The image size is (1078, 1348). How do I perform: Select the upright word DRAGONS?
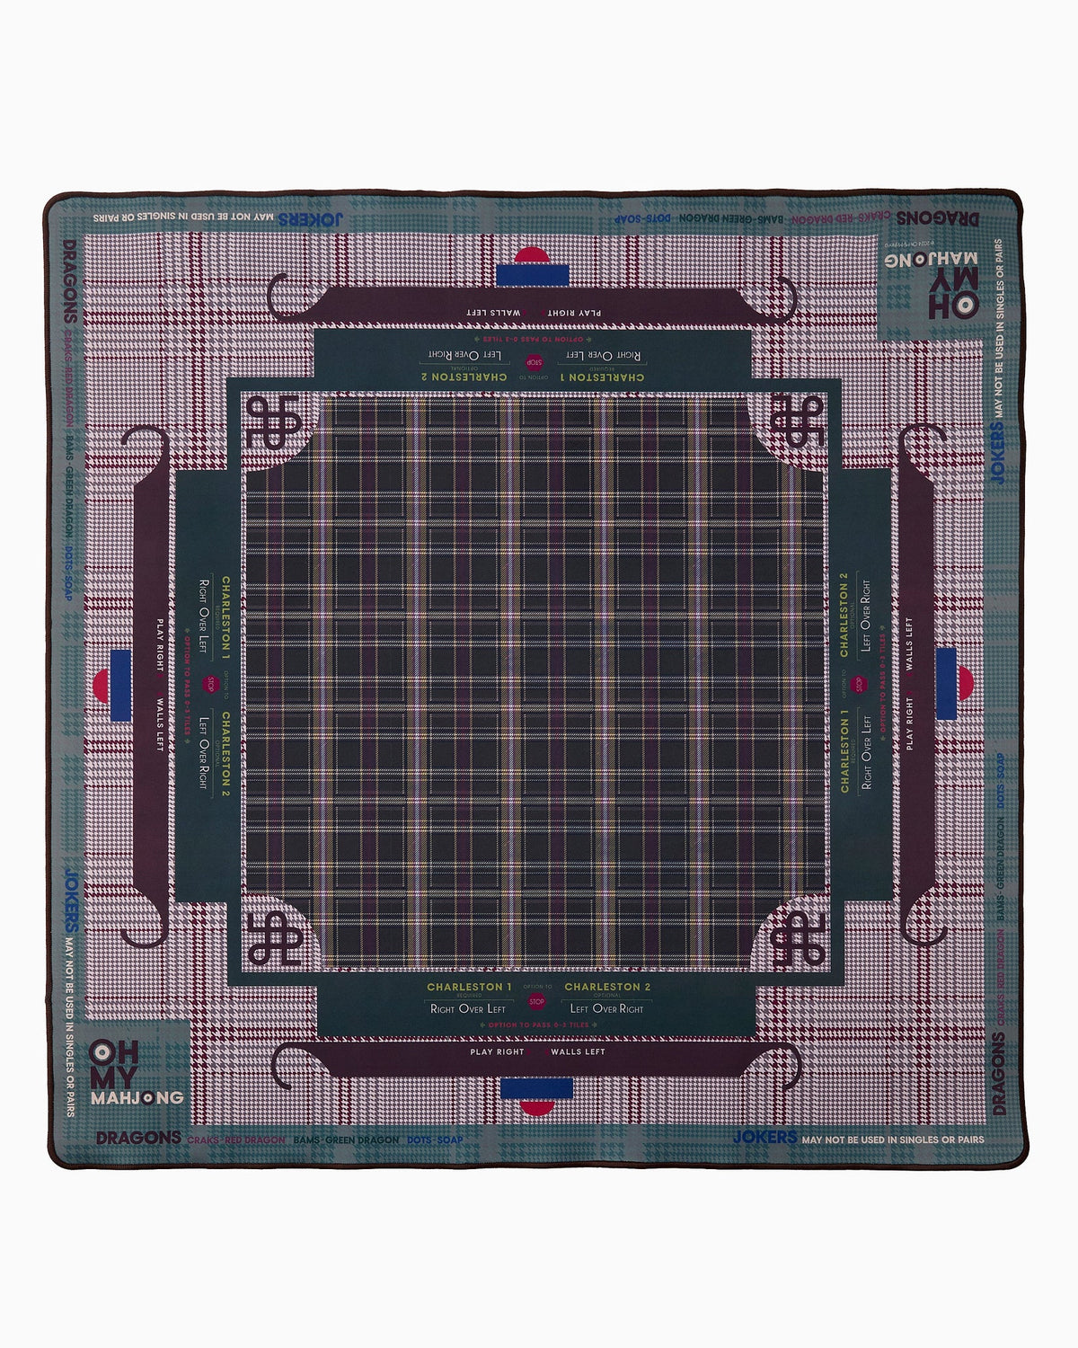[138, 1138]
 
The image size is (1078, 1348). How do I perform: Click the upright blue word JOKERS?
[764, 1138]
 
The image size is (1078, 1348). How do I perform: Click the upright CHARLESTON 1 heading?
[469, 987]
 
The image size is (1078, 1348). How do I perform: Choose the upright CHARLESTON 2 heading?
[606, 987]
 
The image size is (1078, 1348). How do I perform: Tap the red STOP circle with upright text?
[537, 1001]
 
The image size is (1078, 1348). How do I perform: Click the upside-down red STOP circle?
[535, 362]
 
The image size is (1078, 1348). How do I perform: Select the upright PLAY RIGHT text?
[497, 1051]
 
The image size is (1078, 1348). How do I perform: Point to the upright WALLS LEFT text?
[578, 1051]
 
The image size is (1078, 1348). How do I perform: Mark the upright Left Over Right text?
[606, 1008]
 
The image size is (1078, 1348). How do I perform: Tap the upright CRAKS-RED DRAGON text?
[235, 1140]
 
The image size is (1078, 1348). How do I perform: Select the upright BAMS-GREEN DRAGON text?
[346, 1140]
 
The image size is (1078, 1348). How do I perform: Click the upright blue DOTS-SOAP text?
[435, 1140]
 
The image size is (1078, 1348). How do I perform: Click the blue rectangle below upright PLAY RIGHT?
[537, 1089]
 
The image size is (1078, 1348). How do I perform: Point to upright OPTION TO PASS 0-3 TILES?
[537, 1024]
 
